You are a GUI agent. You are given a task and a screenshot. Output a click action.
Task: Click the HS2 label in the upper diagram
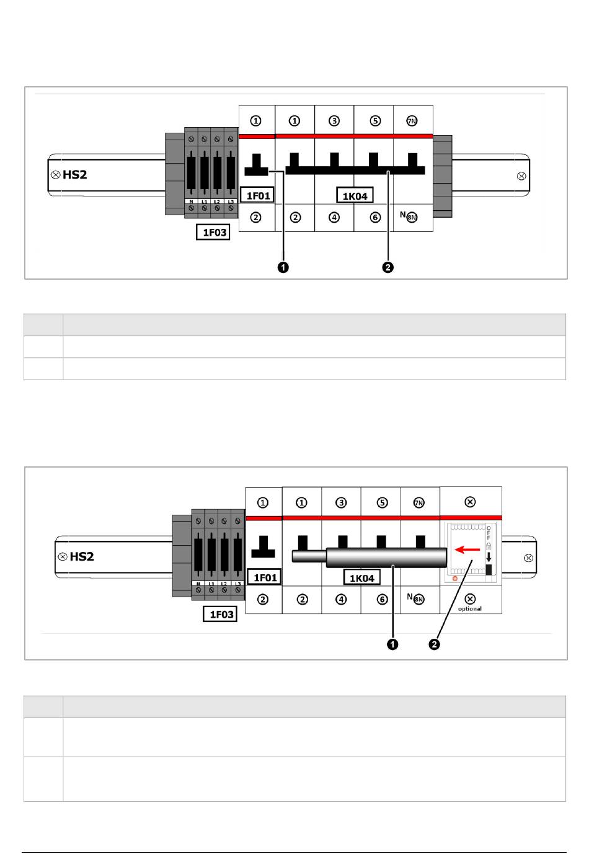click(x=74, y=175)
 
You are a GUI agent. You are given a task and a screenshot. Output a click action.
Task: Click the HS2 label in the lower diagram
click(x=82, y=556)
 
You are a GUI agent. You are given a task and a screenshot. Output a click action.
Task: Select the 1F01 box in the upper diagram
click(x=258, y=196)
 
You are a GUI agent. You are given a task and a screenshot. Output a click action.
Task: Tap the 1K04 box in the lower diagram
click(x=362, y=578)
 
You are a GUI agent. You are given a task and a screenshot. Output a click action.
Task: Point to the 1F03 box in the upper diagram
click(x=213, y=233)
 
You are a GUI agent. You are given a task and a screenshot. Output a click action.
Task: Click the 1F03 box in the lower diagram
click(x=220, y=614)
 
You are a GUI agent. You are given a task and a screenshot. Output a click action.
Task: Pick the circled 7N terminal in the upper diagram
click(x=412, y=121)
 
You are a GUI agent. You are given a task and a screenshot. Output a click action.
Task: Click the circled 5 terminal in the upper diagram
click(x=373, y=121)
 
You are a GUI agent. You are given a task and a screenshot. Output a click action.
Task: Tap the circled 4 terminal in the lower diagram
click(x=341, y=599)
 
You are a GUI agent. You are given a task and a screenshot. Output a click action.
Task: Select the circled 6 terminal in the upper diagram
click(x=374, y=218)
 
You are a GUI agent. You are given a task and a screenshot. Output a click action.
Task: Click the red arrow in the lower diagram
click(x=467, y=549)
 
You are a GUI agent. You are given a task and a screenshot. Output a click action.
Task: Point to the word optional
click(x=470, y=608)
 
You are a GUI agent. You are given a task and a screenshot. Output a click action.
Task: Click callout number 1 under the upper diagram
click(x=283, y=268)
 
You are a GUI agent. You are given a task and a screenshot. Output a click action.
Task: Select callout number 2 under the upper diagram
click(x=387, y=268)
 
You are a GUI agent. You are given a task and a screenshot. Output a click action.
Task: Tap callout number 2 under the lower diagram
click(x=435, y=645)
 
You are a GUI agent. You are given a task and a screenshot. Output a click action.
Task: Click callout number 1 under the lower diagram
click(x=392, y=645)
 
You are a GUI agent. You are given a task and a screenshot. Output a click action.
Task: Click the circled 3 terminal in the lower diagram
click(x=341, y=502)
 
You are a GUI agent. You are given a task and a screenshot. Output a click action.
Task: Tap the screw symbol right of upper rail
click(x=521, y=177)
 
